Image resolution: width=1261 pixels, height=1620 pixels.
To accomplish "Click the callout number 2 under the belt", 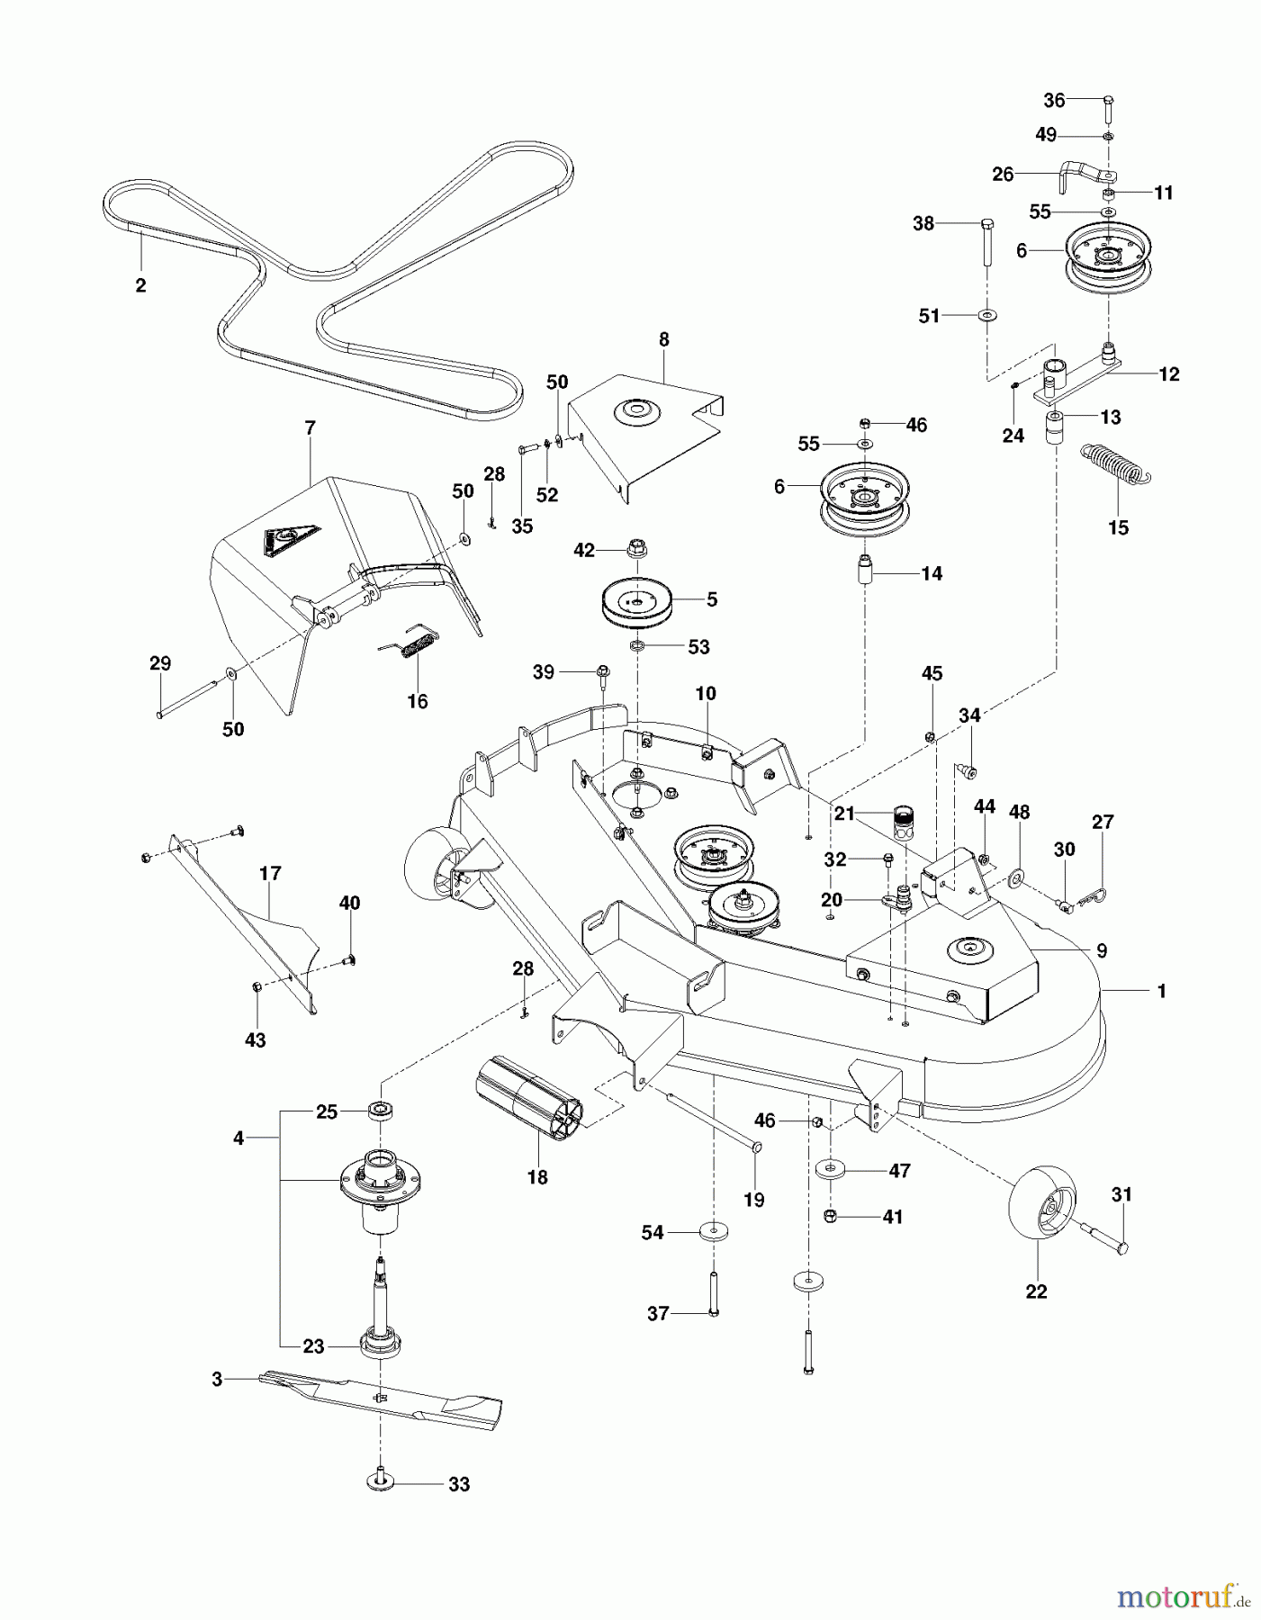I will pyautogui.click(x=140, y=285).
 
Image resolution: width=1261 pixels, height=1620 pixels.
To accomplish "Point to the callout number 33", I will pyautogui.click(x=459, y=1484).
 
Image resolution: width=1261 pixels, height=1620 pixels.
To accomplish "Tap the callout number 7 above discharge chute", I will pyautogui.click(x=311, y=428).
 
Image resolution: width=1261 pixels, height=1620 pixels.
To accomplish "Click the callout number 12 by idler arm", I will pyautogui.click(x=1168, y=373).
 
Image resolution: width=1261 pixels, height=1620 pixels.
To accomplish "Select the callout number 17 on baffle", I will pyautogui.click(x=270, y=873).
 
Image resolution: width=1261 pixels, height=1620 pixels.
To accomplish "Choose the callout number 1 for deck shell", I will pyautogui.click(x=1161, y=991).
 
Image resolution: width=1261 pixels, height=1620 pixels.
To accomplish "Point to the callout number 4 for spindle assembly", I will pyautogui.click(x=238, y=1138).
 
